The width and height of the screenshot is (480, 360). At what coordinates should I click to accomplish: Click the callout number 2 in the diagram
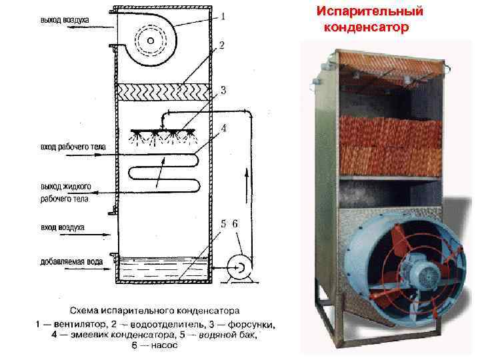pos(221,45)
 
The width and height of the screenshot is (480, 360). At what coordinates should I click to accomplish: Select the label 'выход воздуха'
pos(65,21)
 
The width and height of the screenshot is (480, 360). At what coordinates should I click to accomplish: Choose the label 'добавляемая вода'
pos(71,262)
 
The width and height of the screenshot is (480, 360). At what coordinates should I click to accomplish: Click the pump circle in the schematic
pos(237,267)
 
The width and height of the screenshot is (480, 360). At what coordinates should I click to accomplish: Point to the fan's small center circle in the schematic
pos(151,41)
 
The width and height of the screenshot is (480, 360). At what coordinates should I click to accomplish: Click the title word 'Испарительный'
pos(369,12)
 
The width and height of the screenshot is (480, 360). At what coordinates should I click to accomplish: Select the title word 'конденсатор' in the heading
pos(365,29)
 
